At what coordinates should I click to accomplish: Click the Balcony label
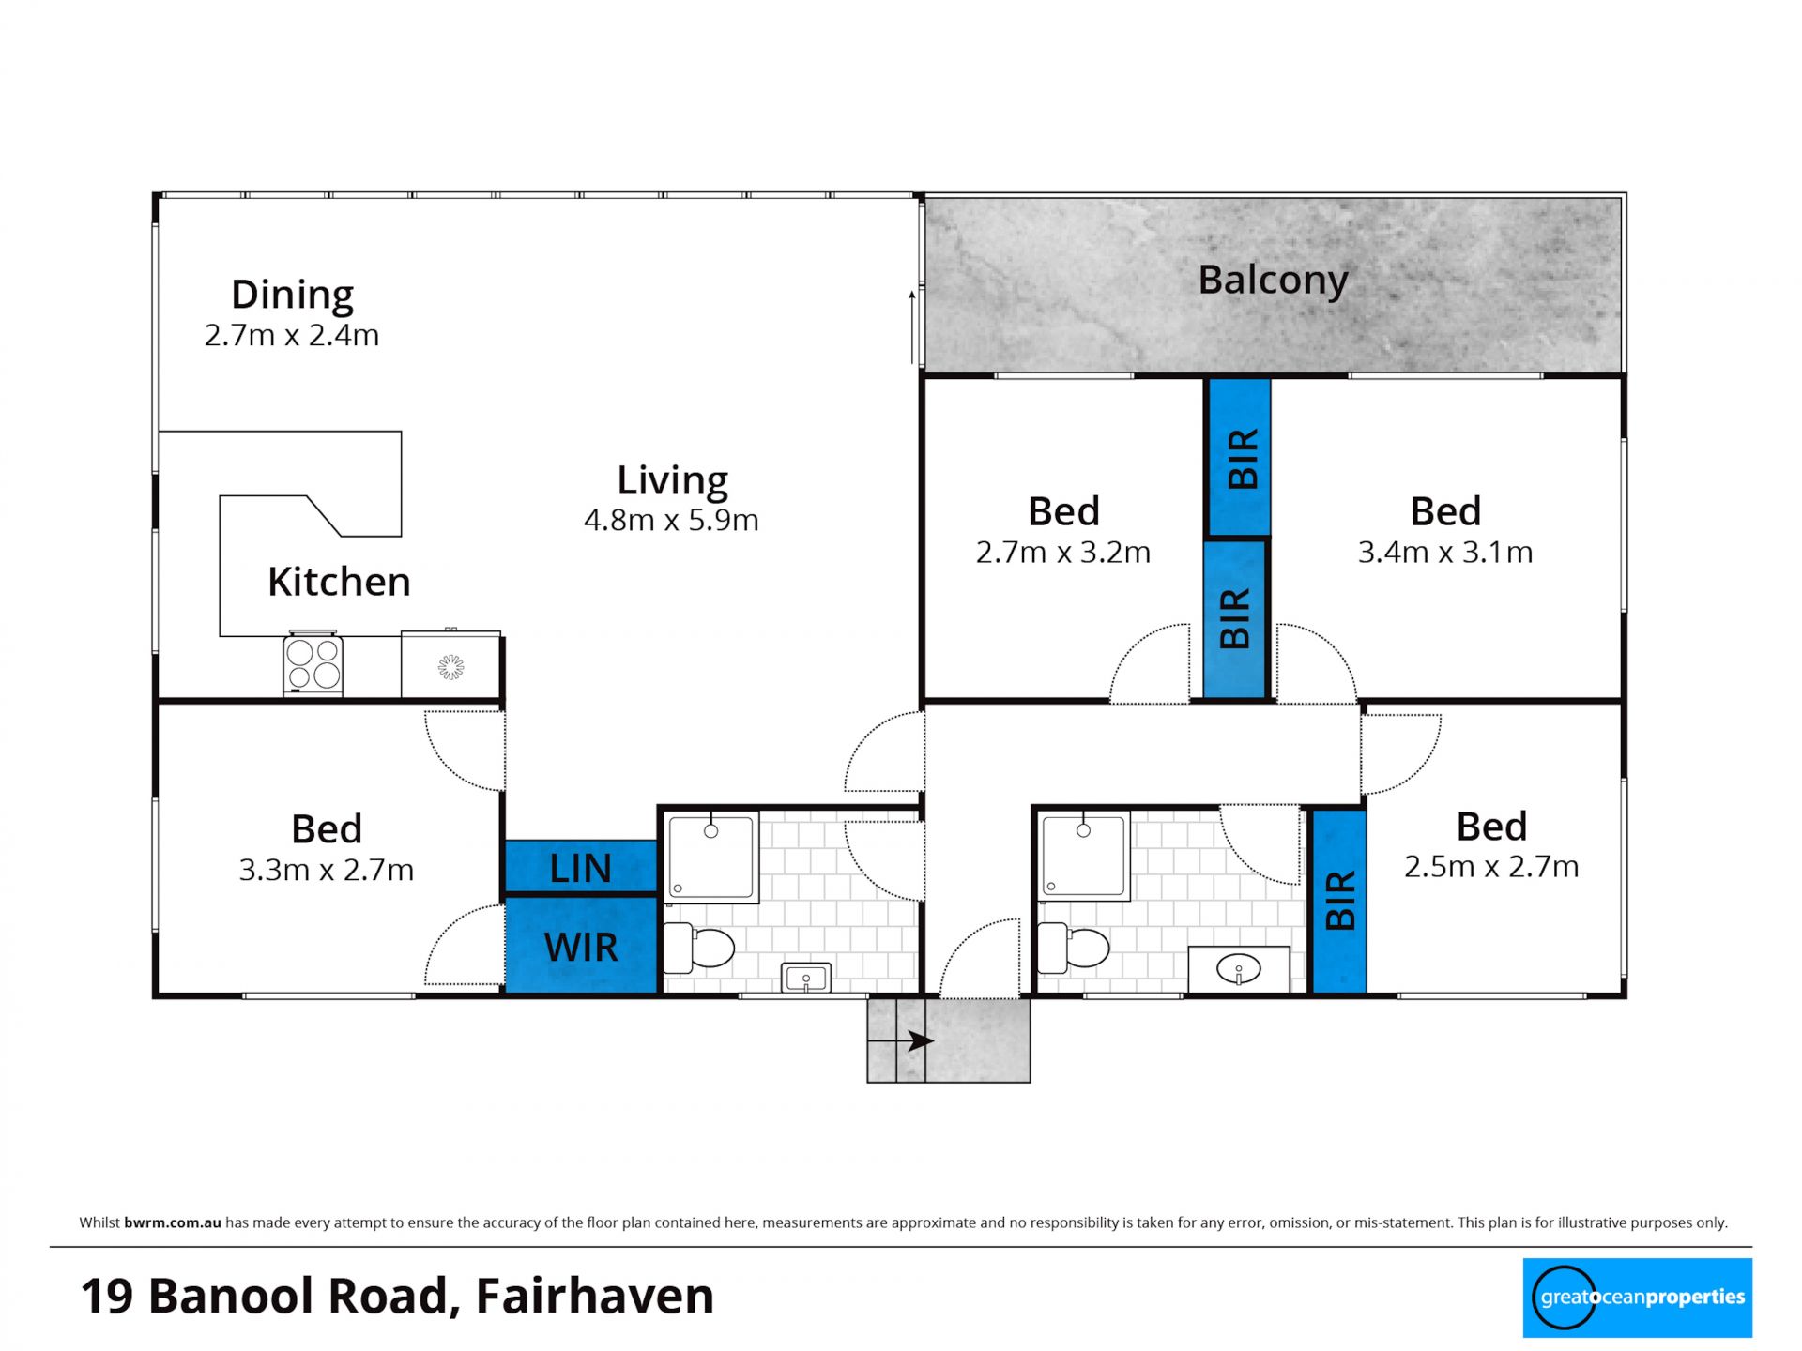click(x=1273, y=281)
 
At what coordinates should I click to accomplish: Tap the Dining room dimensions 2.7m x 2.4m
click(x=292, y=335)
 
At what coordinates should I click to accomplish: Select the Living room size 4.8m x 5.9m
click(x=671, y=520)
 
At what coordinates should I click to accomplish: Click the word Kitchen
click(x=339, y=582)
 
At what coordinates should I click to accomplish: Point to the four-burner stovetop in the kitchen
click(x=313, y=663)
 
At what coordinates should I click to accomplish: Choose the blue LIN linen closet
click(x=581, y=867)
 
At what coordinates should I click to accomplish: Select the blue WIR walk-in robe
click(x=581, y=946)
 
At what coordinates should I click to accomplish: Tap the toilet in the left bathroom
click(x=698, y=948)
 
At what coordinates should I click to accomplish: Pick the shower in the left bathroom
click(x=710, y=858)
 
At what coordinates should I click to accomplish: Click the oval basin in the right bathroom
click(x=1239, y=968)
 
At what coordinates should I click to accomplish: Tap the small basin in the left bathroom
click(x=806, y=979)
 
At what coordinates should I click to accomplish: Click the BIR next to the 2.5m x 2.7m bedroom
click(x=1339, y=901)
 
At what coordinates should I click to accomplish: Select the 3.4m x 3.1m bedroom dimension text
click(x=1445, y=553)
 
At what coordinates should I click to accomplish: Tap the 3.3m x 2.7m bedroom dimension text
click(x=327, y=871)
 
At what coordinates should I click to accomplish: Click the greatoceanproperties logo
click(x=1637, y=1298)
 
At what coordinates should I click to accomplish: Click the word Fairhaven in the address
click(x=595, y=1296)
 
